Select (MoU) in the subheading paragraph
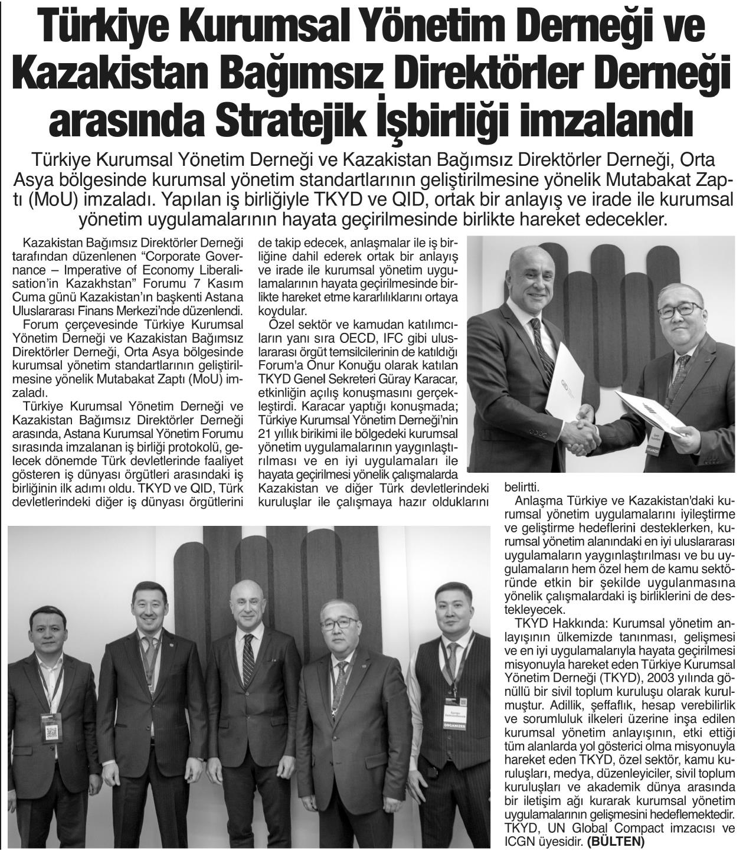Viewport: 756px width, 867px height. point(53,200)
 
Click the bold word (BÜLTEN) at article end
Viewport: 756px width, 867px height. point(616,842)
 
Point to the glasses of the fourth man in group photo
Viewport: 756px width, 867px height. point(339,623)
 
